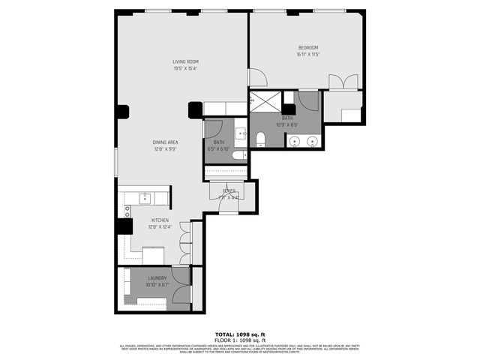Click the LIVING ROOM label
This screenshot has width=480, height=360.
185,61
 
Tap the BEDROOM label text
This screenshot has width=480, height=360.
307,48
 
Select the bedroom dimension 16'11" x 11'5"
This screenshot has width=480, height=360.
307,55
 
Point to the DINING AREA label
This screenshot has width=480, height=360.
165,142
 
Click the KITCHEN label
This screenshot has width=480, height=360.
160,220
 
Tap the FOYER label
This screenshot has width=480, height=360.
229,191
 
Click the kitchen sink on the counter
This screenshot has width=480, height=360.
145,199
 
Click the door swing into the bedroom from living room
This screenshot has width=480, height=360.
256,76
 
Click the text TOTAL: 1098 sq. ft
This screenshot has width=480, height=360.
239,334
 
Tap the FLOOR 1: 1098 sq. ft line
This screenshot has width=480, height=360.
239,340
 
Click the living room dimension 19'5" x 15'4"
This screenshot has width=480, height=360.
185,68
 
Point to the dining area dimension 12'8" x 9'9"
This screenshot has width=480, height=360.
165,148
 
